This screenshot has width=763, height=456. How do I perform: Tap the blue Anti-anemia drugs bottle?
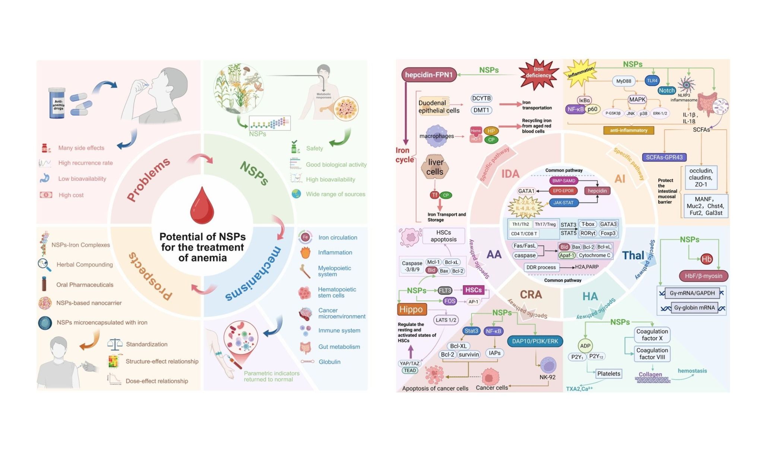[57, 103]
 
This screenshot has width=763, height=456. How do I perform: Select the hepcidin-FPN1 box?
[429, 75]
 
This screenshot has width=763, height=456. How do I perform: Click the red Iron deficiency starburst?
[538, 73]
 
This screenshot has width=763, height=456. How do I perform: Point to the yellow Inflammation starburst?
[580, 72]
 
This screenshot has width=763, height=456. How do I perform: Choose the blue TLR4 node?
[652, 80]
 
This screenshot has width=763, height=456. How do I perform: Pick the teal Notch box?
[667, 91]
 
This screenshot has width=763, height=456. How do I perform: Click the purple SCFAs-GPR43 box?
[664, 157]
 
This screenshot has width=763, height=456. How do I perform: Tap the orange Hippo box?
[411, 309]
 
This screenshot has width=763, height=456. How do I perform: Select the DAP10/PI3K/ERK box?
[535, 341]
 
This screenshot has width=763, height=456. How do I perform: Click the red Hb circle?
[706, 259]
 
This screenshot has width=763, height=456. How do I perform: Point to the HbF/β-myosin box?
[703, 276]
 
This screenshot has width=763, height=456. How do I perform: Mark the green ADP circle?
[585, 346]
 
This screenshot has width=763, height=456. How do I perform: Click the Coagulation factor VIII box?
[652, 354]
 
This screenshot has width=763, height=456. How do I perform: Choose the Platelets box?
[609, 374]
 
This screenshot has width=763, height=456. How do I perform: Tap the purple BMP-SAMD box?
[564, 181]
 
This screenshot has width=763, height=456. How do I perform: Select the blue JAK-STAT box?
[563, 203]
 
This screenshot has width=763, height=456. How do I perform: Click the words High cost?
[71, 195]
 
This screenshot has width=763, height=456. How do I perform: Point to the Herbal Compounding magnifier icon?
[44, 265]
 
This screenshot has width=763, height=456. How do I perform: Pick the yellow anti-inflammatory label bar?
[629, 130]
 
